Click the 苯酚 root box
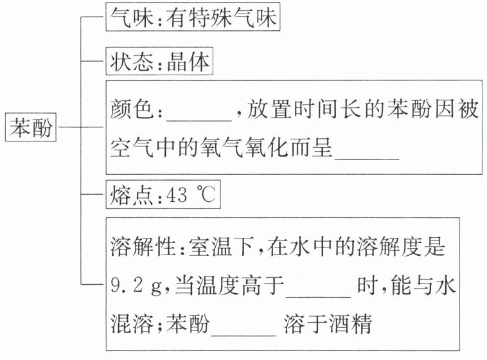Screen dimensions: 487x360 pos(31,129)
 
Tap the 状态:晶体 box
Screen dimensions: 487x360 pos(158,64)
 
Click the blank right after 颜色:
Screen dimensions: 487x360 pos(199,113)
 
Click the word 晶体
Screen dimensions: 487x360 pos(186,64)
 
